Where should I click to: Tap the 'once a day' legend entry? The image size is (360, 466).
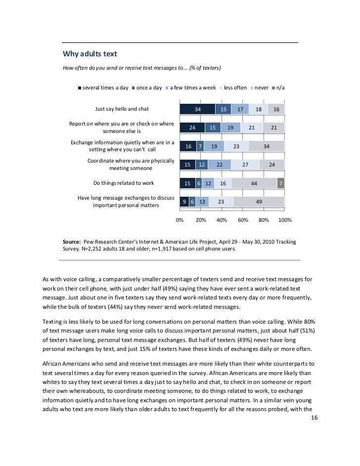[x=149, y=88]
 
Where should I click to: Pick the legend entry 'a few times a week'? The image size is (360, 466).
[x=193, y=88]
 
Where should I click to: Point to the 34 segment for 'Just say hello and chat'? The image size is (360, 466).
[x=198, y=110]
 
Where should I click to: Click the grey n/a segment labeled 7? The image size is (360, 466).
[x=281, y=183]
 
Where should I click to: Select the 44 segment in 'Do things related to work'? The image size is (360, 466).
[x=254, y=183]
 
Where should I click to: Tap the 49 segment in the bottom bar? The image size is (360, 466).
[x=259, y=202]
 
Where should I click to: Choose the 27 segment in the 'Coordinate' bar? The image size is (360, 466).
[x=245, y=165]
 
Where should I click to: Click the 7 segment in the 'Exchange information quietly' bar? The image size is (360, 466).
[x=200, y=146]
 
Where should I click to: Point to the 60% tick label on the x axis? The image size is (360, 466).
[x=243, y=220]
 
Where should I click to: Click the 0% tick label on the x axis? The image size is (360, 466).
[x=180, y=220]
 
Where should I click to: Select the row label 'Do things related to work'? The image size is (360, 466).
[x=124, y=183]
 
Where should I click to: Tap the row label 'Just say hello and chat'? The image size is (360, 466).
[x=122, y=109]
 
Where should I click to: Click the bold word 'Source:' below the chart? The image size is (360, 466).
[x=72, y=242]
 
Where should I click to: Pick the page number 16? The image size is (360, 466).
[x=315, y=418]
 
